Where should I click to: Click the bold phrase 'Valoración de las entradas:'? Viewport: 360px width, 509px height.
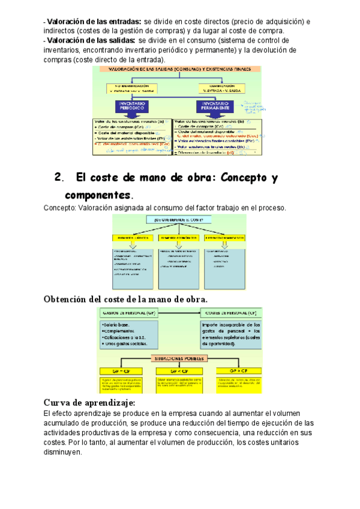[x=94, y=22]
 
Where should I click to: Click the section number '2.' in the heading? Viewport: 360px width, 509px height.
[x=58, y=178]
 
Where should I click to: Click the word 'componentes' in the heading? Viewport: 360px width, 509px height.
[x=97, y=196]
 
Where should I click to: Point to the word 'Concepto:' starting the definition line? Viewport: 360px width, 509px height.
[x=59, y=208]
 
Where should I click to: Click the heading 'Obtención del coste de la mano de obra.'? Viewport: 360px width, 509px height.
[x=126, y=299]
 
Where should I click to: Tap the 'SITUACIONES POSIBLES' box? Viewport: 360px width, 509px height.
[x=178, y=358]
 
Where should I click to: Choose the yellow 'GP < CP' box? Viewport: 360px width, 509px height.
[x=178, y=371]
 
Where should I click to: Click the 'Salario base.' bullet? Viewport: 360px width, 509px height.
[x=116, y=324]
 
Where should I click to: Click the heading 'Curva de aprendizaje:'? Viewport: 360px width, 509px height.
[x=89, y=402]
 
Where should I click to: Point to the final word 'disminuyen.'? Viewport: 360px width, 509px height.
[x=62, y=453]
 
